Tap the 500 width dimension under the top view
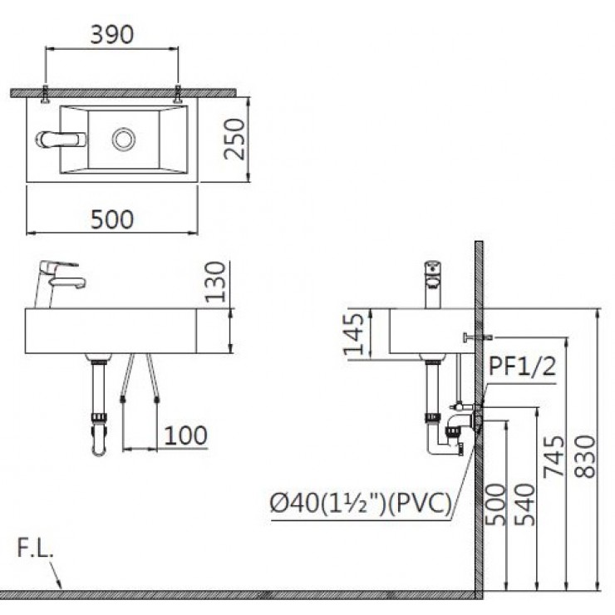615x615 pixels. point(111,219)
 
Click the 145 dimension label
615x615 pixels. point(356,334)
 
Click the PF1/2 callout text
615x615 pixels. point(522,366)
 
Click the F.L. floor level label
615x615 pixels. point(33,549)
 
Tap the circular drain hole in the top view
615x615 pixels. point(124,138)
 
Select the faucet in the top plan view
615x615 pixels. point(60,138)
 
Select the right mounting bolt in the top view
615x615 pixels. point(178,95)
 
